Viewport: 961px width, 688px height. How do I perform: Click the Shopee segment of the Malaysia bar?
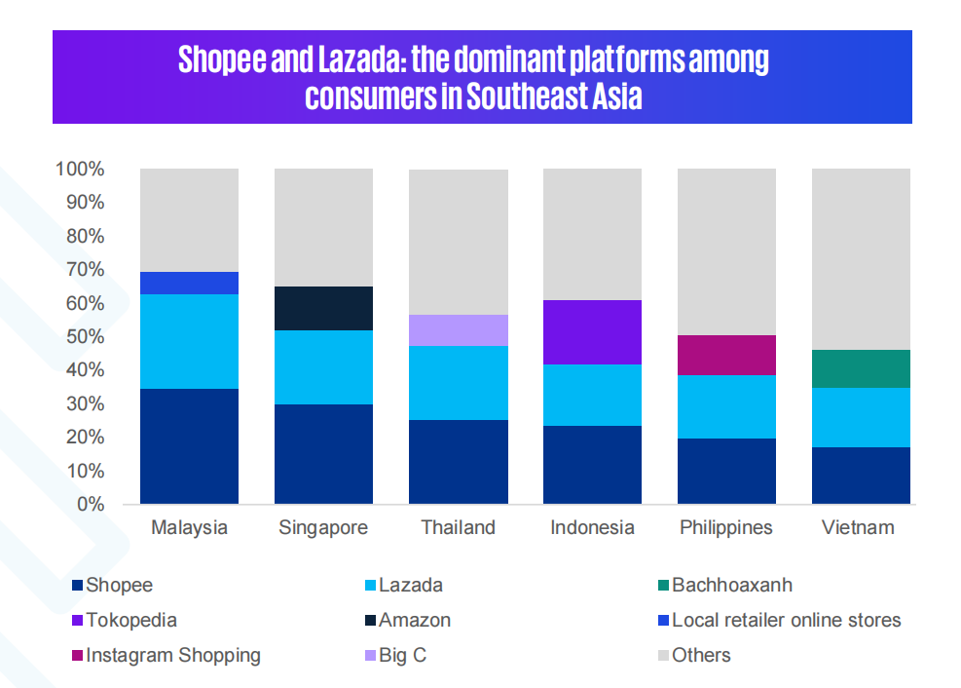tap(190, 445)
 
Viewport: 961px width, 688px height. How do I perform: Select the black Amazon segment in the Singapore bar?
tap(323, 309)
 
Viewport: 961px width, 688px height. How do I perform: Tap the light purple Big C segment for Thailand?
tap(459, 330)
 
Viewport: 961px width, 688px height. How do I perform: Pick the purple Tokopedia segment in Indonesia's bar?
tap(593, 332)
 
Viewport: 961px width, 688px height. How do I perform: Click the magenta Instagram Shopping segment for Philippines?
tap(727, 355)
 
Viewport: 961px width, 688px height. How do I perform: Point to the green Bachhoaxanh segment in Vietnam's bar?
tap(861, 369)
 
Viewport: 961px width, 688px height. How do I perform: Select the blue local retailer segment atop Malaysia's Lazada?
tap(190, 284)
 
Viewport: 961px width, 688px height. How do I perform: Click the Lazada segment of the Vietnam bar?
tap(861, 418)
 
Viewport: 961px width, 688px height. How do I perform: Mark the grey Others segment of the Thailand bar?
tap(459, 243)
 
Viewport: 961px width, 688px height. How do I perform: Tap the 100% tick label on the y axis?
tap(80, 169)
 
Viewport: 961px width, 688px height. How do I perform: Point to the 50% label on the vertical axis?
tap(85, 336)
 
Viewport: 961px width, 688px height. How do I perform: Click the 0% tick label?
tap(91, 504)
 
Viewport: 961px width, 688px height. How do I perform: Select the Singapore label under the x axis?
tap(323, 528)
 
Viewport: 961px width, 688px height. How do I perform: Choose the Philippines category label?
tap(726, 528)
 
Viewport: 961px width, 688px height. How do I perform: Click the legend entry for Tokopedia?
tap(125, 620)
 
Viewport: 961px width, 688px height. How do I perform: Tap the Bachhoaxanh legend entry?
tap(725, 585)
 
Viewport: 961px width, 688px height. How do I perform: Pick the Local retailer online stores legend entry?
tap(780, 620)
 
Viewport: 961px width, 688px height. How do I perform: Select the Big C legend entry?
tap(396, 655)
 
